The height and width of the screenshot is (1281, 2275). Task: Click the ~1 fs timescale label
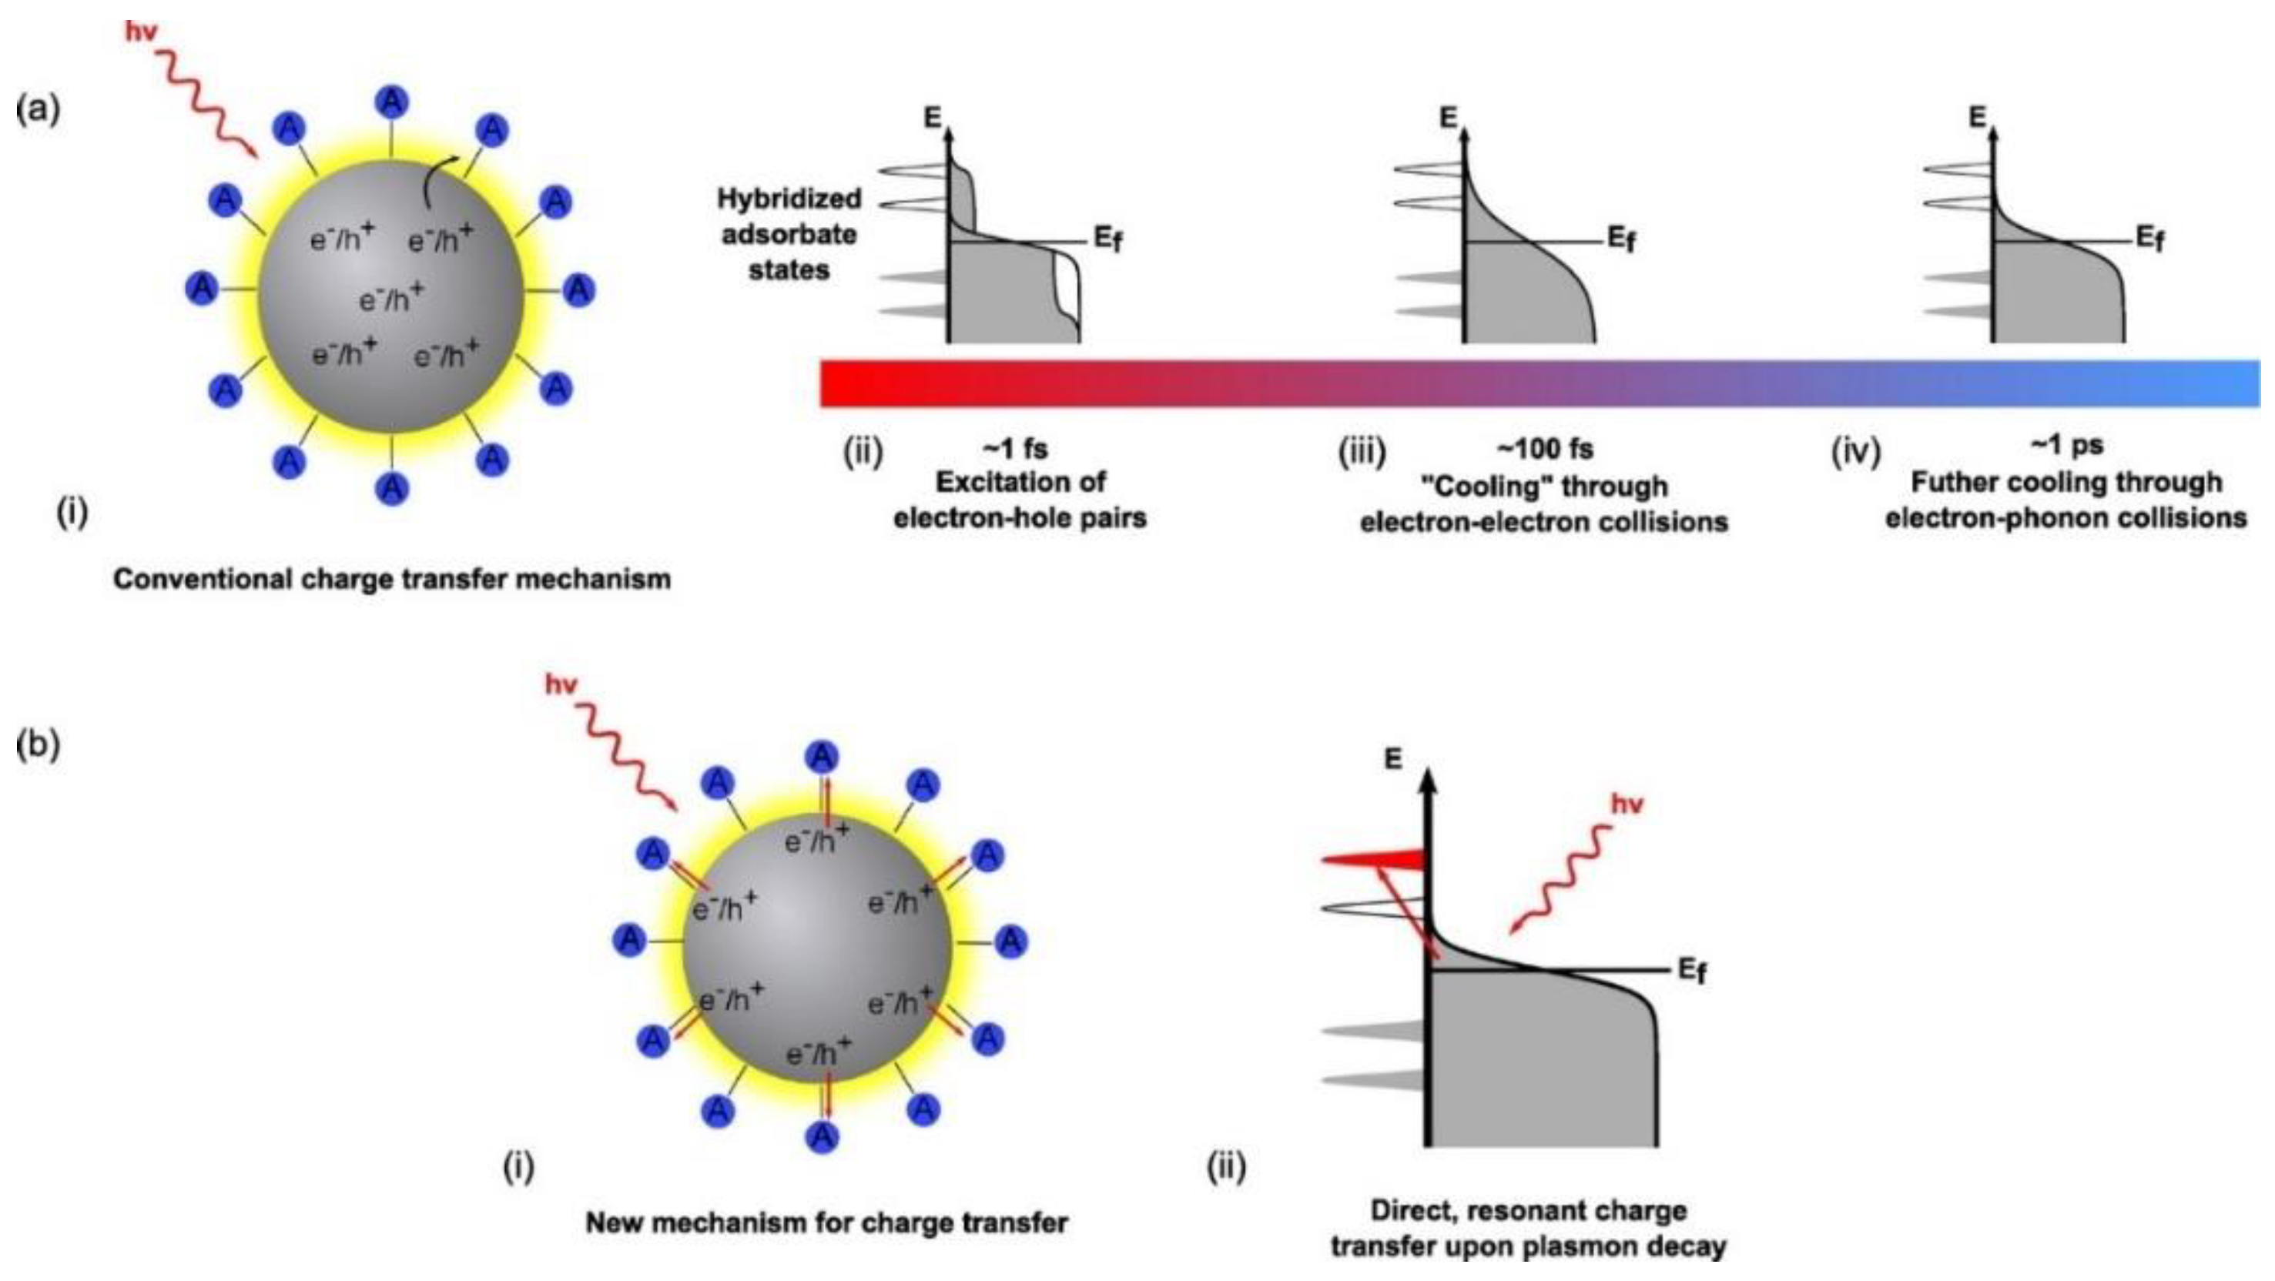(1015, 449)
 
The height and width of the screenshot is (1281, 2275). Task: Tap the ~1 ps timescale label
(2066, 445)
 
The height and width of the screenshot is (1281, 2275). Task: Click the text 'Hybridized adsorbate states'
(789, 234)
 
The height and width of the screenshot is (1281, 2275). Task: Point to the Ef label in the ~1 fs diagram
(1108, 239)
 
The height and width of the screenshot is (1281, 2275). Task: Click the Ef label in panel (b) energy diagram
(1692, 971)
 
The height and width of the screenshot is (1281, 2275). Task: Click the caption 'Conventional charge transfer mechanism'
(392, 579)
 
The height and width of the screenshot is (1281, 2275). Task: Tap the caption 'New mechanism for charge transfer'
(826, 1222)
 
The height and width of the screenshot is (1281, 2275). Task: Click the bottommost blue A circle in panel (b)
(823, 1136)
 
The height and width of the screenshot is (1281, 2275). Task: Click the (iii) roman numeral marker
(1362, 452)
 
